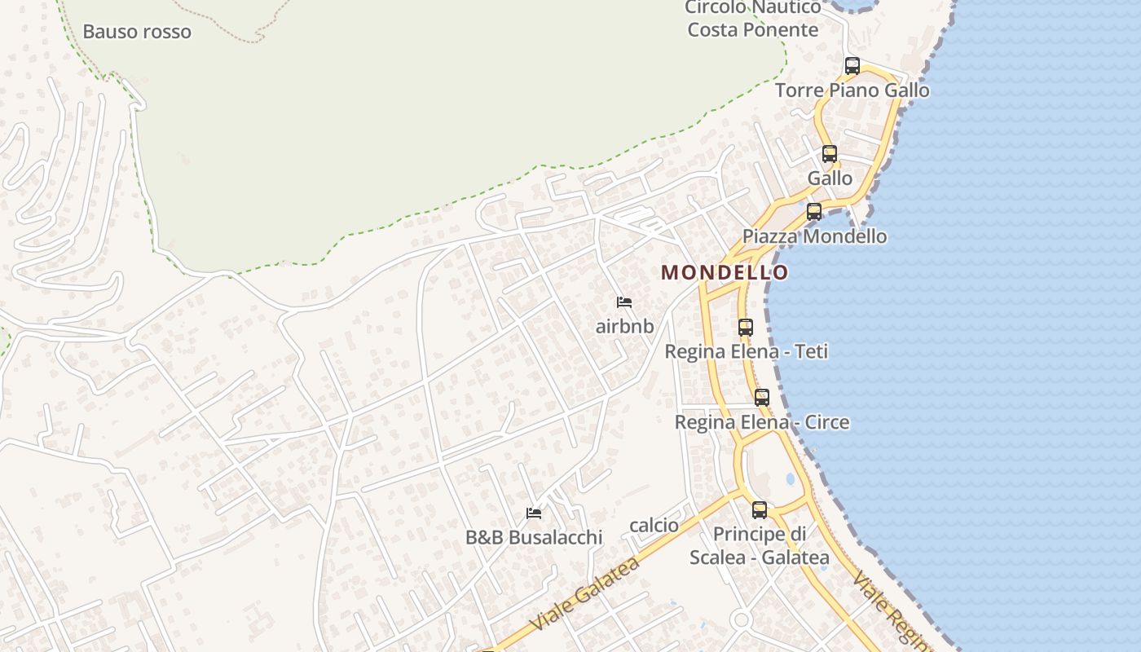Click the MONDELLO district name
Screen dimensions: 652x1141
725,272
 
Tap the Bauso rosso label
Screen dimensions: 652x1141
137,33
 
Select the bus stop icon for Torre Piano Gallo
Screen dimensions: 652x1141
852,66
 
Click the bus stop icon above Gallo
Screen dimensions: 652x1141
829,153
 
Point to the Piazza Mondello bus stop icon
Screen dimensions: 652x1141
813,212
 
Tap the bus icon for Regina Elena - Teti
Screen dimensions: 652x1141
745,328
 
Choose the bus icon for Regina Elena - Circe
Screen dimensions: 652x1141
761,398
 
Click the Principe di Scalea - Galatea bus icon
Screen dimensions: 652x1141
759,510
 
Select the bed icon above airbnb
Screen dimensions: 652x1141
624,302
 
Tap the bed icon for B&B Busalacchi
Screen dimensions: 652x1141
534,513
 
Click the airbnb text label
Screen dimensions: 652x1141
624,327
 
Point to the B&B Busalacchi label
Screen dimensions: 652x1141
534,538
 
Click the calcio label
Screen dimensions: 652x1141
654,526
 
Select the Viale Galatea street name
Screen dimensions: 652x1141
584,593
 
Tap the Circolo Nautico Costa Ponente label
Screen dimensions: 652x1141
752,19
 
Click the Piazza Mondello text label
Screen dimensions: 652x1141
814,236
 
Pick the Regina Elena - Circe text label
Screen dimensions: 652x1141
761,422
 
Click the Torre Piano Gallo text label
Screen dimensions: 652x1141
852,90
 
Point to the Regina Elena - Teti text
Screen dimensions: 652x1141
746,352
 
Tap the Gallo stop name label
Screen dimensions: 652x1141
830,178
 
